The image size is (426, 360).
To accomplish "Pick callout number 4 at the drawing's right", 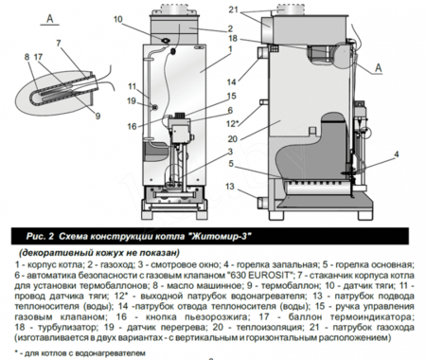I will coord(395,153).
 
